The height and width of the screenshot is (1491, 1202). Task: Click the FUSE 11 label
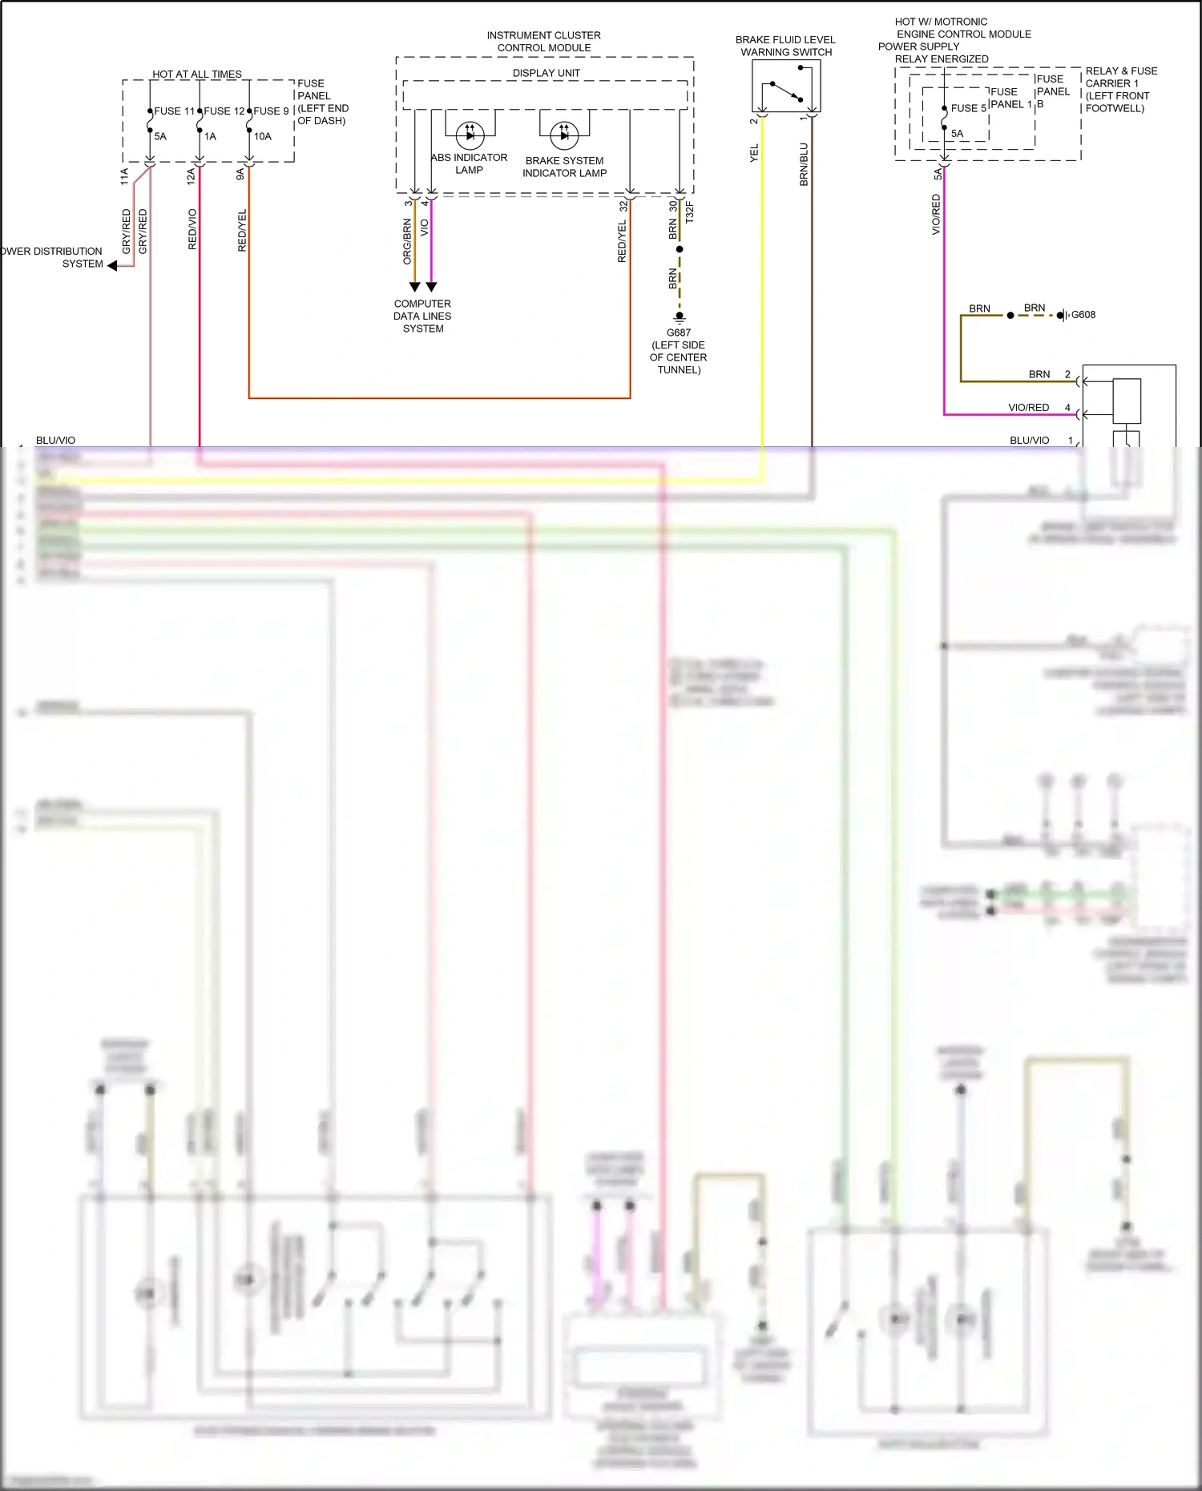174,111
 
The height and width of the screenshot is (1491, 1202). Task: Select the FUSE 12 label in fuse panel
224,111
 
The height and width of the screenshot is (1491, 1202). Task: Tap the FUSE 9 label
271,111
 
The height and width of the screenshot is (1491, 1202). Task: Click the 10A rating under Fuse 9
263,136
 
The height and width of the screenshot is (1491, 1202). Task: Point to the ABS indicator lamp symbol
470,135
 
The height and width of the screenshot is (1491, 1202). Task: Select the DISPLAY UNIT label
546,73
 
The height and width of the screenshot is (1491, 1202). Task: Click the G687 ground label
678,332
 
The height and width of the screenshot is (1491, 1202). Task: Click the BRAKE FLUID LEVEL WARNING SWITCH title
785,46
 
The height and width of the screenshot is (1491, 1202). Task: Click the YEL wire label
754,153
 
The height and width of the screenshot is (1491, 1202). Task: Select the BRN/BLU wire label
804,164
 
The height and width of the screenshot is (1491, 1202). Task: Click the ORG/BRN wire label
407,241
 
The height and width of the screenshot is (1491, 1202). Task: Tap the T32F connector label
690,212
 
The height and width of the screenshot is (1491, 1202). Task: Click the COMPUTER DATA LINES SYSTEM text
422,316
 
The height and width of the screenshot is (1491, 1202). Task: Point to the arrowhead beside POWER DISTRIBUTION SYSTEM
112,266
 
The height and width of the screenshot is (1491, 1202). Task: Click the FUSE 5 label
968,108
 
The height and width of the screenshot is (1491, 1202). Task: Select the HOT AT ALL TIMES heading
197,74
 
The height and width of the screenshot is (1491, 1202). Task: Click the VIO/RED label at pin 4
1028,408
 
